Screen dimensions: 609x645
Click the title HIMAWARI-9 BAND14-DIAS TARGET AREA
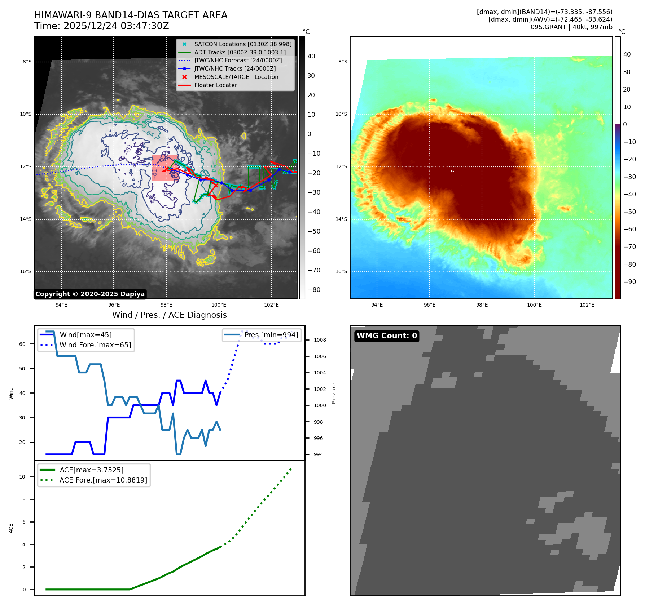pos(131,15)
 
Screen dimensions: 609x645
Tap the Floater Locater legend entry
pos(215,85)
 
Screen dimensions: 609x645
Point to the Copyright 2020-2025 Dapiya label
pos(90,294)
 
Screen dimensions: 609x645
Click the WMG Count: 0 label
pos(387,336)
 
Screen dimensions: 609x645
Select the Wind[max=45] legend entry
pos(85,335)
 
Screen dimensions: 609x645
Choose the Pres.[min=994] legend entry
pos(271,335)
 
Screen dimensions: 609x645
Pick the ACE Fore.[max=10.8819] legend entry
pos(103,480)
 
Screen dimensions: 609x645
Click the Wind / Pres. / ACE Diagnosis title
pos(169,315)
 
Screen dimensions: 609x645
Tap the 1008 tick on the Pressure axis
pos(320,340)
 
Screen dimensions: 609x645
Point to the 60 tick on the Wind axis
pos(22,344)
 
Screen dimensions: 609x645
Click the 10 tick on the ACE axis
pos(22,477)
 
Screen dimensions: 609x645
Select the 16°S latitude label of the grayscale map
pos(26,272)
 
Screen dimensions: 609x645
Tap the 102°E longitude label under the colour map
pos(587,305)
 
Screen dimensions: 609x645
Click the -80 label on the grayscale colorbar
pos(314,290)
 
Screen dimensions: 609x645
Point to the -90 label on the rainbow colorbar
pos(629,282)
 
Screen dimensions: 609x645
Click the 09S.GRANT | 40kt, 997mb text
pos(571,27)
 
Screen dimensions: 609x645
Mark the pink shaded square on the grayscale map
pos(165,168)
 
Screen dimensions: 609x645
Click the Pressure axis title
pos(334,394)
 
